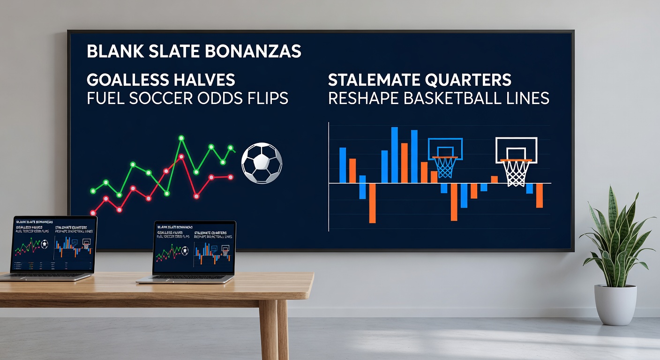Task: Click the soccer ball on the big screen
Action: click(262, 164)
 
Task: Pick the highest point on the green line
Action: click(181, 138)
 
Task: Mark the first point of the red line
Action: click(93, 212)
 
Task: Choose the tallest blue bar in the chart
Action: click(394, 155)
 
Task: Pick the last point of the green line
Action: click(231, 148)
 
